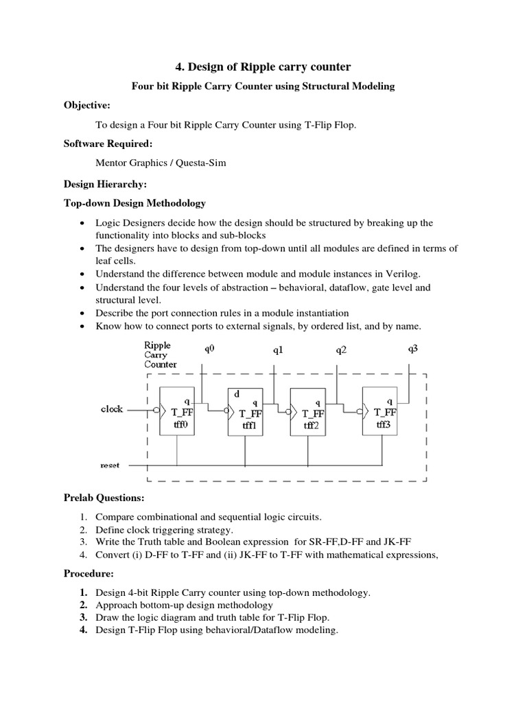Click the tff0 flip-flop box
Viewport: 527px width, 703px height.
click(x=178, y=412)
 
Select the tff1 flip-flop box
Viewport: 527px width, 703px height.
click(x=246, y=412)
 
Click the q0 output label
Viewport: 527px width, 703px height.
click(x=209, y=349)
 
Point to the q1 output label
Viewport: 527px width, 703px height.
click(x=278, y=350)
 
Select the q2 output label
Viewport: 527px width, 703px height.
click(x=341, y=350)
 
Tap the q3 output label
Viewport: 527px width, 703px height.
click(x=413, y=349)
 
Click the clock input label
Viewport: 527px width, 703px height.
click(x=112, y=409)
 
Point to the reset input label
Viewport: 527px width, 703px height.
click(x=110, y=465)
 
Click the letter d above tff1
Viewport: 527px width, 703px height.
click(x=236, y=394)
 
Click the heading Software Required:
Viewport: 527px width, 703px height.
click(x=108, y=145)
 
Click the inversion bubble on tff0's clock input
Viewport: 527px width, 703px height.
click(x=156, y=410)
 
